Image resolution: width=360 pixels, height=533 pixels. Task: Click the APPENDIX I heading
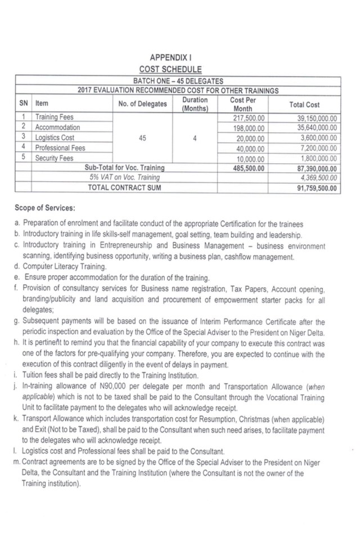pos(176,57)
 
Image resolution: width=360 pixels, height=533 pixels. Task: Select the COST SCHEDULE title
pos(176,69)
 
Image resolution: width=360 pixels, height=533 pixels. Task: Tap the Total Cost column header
pos(304,105)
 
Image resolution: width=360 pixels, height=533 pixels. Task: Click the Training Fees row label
pos(54,118)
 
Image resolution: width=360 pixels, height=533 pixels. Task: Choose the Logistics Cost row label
pos(56,138)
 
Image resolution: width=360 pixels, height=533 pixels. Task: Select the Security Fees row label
pos(55,158)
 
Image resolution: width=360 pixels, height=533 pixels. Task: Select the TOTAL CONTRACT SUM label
pos(125,187)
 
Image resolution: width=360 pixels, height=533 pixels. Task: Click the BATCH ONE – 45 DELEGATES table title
pos(178,82)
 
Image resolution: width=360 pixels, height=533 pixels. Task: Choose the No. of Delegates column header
pos(143,105)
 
